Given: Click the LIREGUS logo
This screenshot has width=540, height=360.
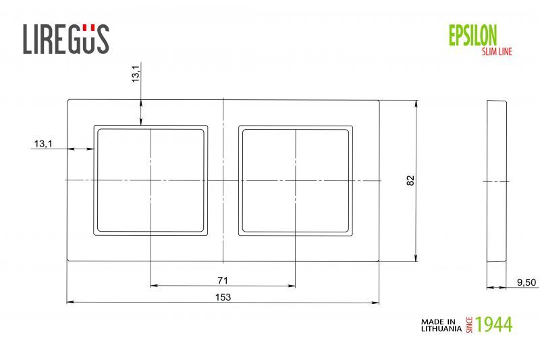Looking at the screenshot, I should coord(65,38).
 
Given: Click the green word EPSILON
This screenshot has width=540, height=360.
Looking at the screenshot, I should coord(473,34).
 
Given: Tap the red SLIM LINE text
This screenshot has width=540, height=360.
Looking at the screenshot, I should coord(495,51).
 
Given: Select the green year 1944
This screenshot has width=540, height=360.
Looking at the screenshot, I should coord(493,324).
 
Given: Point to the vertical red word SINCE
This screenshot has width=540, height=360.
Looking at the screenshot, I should coord(470,324).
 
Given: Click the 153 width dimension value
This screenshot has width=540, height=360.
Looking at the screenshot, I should coord(223,297).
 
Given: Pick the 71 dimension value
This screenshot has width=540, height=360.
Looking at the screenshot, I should coord(223,280).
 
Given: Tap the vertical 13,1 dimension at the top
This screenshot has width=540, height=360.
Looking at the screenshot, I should coord(136,74).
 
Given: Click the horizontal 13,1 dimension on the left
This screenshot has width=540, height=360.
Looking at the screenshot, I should coord(42,144).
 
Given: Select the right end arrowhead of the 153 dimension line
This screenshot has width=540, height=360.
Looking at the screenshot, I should coord(376,302).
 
